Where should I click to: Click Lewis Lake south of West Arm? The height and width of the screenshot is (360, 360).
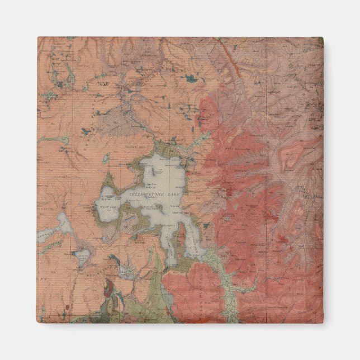tap(82, 258)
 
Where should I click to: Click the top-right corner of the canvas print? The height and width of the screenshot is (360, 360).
tap(323, 37)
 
